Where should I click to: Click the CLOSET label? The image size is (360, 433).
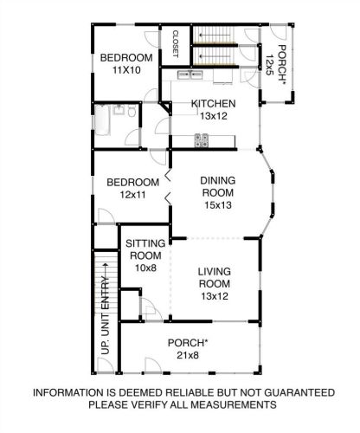(176, 44)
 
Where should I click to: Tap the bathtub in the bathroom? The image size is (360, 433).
(102, 120)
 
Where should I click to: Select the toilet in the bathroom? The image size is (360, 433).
(132, 111)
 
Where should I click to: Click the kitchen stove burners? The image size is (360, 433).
(202, 140)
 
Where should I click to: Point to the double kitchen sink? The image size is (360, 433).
(190, 74)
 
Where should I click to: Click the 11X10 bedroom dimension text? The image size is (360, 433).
(126, 70)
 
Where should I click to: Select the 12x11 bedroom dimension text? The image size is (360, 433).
(132, 195)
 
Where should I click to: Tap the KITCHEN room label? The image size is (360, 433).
(214, 103)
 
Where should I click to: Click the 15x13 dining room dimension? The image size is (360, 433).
(218, 205)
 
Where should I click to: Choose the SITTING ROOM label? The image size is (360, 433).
(145, 249)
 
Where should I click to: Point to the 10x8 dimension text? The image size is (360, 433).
(145, 268)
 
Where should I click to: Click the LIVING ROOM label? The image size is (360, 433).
(215, 277)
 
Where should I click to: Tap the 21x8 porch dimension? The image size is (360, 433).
(188, 355)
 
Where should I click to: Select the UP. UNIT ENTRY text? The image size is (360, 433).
(106, 315)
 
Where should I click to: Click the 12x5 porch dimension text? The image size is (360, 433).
(269, 65)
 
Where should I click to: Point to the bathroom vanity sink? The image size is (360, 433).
(119, 110)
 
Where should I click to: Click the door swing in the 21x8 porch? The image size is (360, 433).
(153, 365)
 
